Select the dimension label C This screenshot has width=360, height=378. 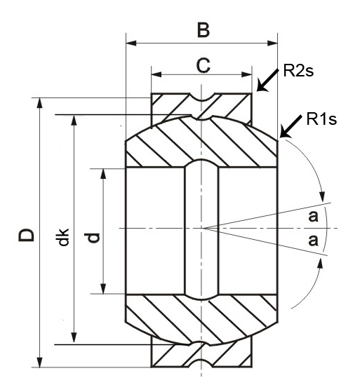pos(202,65)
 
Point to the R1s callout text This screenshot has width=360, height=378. pos(322,119)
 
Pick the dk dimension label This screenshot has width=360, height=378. pos(63,236)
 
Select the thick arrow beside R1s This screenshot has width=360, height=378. pos(290,126)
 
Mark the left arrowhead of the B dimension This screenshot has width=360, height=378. pos(129,44)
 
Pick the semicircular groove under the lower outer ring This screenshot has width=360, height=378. pos(202,362)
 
